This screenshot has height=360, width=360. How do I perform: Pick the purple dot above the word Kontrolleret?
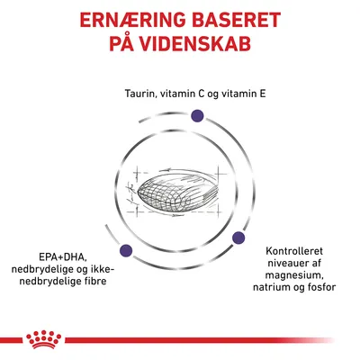coord(239,238)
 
